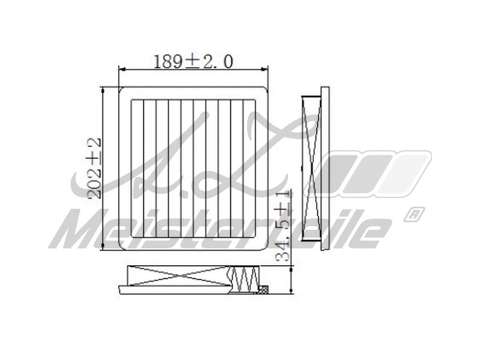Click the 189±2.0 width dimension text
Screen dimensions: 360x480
click(193, 61)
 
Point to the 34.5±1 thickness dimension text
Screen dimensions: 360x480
click(284, 226)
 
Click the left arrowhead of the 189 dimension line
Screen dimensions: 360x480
click(122, 70)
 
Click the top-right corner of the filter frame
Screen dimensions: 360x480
click(265, 90)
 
